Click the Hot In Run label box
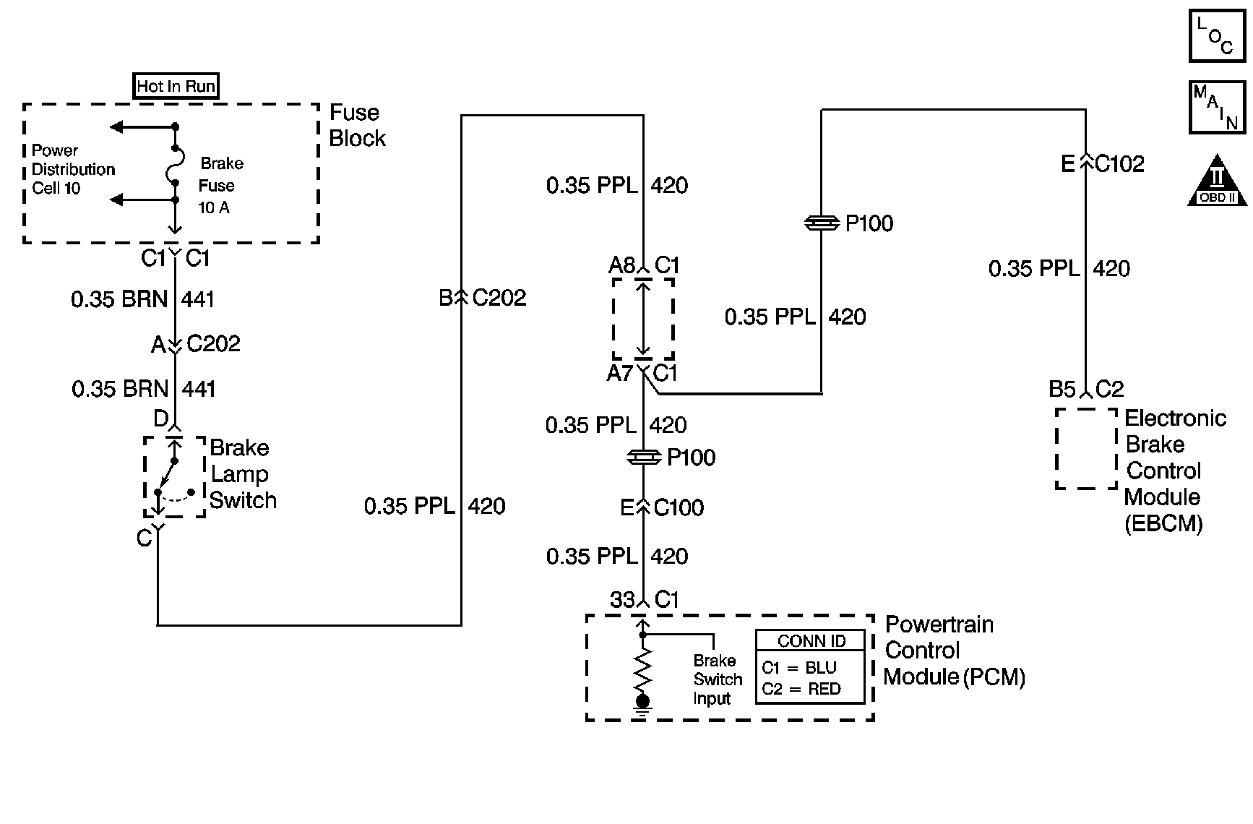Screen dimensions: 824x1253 (x=176, y=86)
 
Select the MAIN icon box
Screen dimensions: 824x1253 (x=1217, y=107)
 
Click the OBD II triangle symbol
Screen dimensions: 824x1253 (x=1218, y=182)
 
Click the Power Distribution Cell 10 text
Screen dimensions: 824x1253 (x=72, y=170)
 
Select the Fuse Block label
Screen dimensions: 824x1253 (x=357, y=126)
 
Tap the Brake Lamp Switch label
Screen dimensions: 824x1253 (x=243, y=474)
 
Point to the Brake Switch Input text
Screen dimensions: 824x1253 (x=717, y=679)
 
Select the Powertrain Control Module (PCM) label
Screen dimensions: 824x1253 (x=954, y=651)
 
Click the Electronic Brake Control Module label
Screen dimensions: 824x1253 (x=1174, y=470)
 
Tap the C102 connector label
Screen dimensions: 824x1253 (x=1119, y=164)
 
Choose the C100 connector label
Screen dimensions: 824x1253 (x=679, y=507)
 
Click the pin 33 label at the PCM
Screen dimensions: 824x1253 (x=622, y=600)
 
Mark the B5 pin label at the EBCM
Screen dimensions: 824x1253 (x=1062, y=390)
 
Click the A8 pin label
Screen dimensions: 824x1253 (x=621, y=265)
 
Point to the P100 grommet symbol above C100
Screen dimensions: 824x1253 (x=642, y=458)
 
